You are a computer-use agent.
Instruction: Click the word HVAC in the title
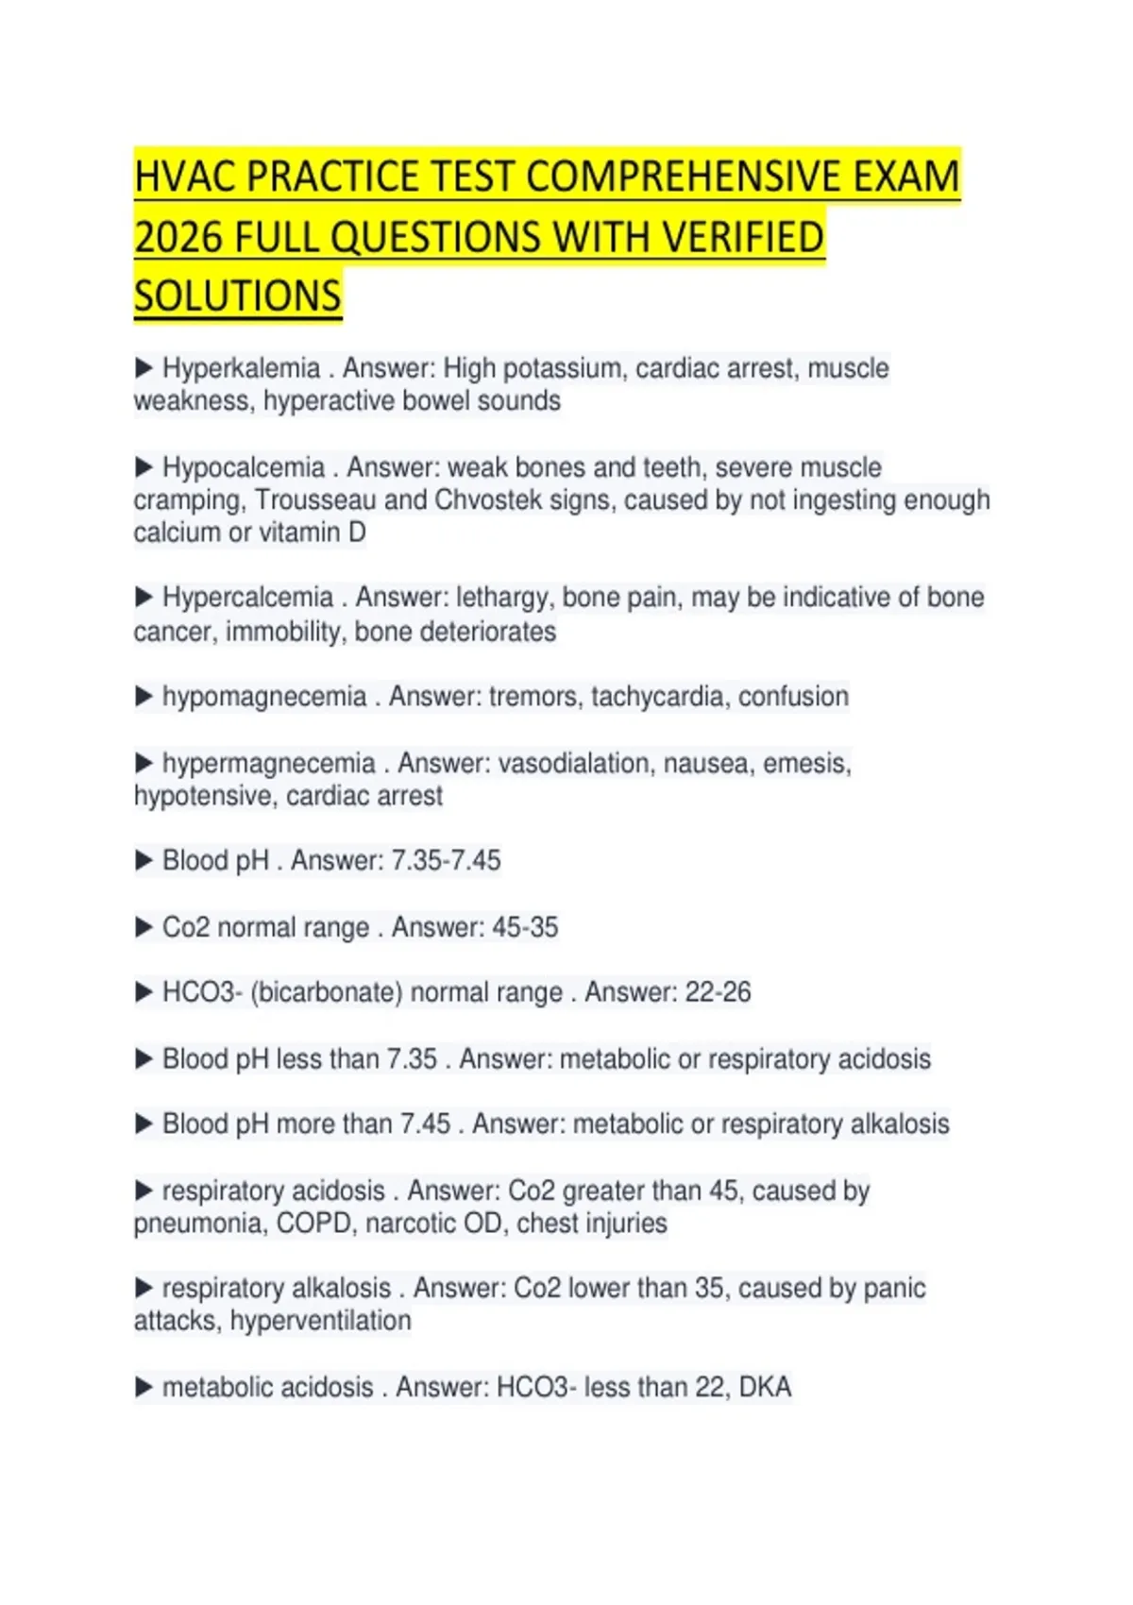(x=181, y=177)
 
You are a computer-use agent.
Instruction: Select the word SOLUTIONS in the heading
(x=237, y=296)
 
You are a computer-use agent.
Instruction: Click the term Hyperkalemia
(x=241, y=368)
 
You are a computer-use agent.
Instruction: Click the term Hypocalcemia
(x=243, y=467)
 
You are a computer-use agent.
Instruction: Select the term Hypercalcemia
(x=247, y=598)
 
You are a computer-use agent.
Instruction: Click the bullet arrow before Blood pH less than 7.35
(x=144, y=1059)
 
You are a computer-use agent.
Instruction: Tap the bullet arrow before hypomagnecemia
(x=144, y=697)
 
